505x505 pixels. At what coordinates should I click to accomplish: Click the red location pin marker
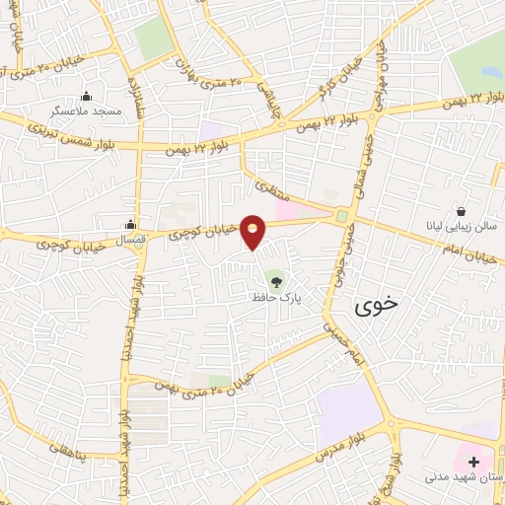254,233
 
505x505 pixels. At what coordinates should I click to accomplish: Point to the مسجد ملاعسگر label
86,110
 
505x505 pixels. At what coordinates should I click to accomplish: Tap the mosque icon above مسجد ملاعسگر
86,96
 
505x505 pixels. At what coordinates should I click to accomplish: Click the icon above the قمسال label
130,225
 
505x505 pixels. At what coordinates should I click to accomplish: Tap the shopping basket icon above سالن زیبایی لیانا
462,211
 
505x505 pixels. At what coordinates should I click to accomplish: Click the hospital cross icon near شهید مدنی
474,462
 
